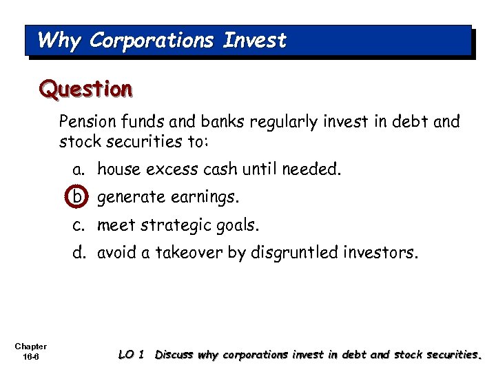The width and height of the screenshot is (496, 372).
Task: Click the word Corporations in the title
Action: [151, 41]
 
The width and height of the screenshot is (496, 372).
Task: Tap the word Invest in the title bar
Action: [254, 41]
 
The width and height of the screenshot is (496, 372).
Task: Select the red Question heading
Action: [85, 89]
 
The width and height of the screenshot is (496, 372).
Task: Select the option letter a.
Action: [79, 169]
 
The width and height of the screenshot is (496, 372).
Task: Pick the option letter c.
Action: [79, 225]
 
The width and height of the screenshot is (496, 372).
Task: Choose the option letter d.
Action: [79, 253]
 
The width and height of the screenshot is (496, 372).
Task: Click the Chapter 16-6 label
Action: [30, 351]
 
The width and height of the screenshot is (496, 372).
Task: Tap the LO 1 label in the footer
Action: [131, 355]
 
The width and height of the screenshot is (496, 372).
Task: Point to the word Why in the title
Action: [59, 41]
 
